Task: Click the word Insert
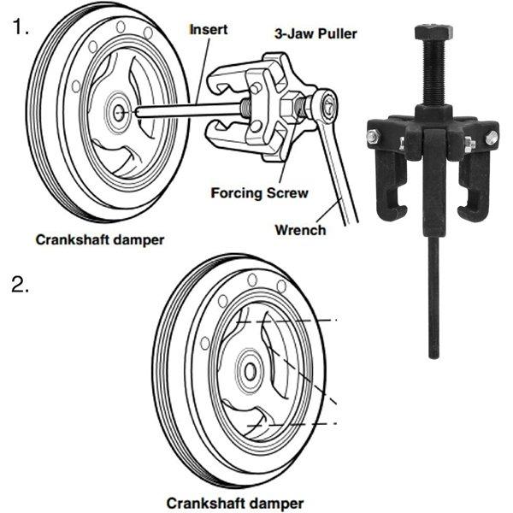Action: coord(209,29)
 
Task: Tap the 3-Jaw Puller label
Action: coord(315,34)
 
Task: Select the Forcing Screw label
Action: coord(259,192)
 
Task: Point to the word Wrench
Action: coord(300,230)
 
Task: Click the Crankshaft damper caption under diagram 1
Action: coord(100,239)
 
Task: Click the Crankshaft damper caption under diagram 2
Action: coord(235,503)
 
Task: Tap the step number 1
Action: coord(21,27)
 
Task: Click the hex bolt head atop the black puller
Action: coord(433,32)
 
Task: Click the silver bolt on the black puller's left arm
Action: coord(374,137)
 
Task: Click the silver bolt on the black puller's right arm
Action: coord(492,138)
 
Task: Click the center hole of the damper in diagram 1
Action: coord(119,113)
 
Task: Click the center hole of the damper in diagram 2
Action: coord(251,372)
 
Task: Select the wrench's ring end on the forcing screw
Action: coord(325,105)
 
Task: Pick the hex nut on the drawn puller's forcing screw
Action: coord(289,107)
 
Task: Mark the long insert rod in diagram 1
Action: coord(189,110)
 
